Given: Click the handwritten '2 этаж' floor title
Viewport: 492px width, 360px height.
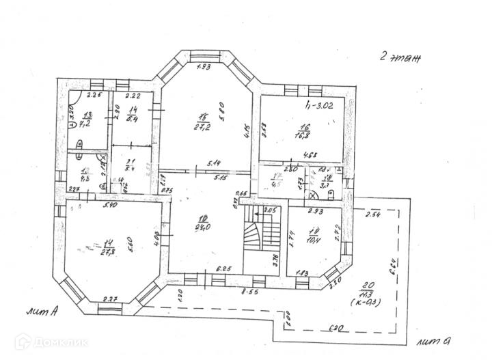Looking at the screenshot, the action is tap(400, 58).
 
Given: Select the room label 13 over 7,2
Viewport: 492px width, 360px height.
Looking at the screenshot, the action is tap(87, 120).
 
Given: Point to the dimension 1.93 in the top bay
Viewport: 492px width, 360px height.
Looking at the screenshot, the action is tap(204, 67).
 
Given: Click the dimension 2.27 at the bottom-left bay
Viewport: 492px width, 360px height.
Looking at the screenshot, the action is tap(111, 298).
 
